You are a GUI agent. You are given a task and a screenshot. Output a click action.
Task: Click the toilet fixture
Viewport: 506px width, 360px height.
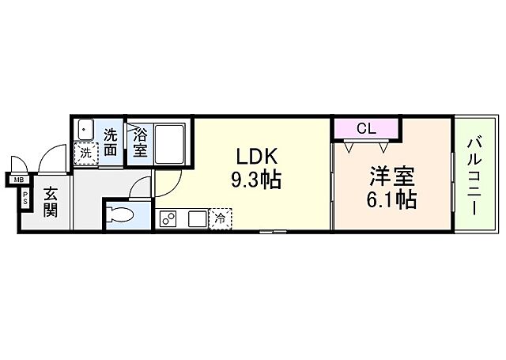(122, 215)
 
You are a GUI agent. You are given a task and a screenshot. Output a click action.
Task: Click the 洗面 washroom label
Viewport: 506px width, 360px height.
(111, 141)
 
